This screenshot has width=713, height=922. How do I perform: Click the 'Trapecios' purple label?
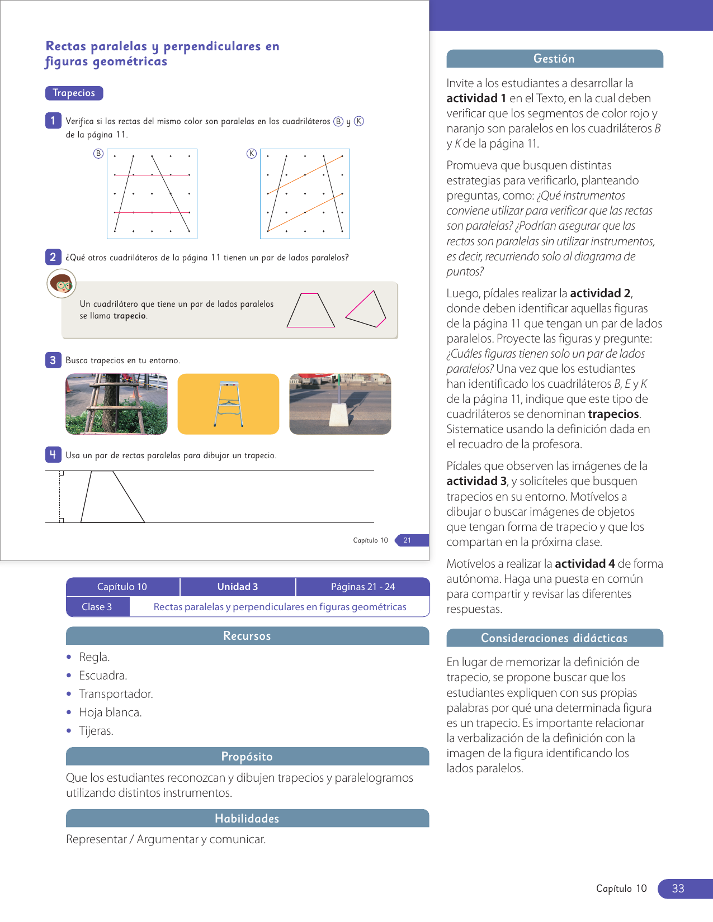coord(74,93)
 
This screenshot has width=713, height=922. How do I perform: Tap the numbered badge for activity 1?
coord(53,120)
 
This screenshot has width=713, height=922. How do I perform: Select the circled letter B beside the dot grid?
coord(98,154)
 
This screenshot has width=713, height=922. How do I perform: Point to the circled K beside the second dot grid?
coord(252,154)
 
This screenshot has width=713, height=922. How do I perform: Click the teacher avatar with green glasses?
coord(62,284)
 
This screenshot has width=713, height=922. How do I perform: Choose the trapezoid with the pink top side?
coord(310,311)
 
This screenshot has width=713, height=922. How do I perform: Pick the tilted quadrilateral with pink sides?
coord(366,309)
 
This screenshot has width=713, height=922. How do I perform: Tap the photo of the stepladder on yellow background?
coord(228,404)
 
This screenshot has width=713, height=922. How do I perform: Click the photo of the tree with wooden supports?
coord(116,404)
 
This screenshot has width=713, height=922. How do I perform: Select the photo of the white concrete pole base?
coord(340,404)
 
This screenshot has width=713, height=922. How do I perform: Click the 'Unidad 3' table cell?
coord(238,587)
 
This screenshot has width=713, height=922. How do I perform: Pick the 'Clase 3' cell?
coord(97,607)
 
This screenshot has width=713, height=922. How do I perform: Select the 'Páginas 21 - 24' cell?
coord(362,587)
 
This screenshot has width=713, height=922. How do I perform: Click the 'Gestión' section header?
coord(554,59)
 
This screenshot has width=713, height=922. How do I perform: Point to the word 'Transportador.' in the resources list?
coord(116,694)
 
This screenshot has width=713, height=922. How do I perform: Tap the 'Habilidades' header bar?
coord(247,819)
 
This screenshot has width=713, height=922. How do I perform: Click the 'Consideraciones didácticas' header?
coord(554,638)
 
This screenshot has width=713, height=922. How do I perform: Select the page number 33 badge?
coord(678,888)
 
